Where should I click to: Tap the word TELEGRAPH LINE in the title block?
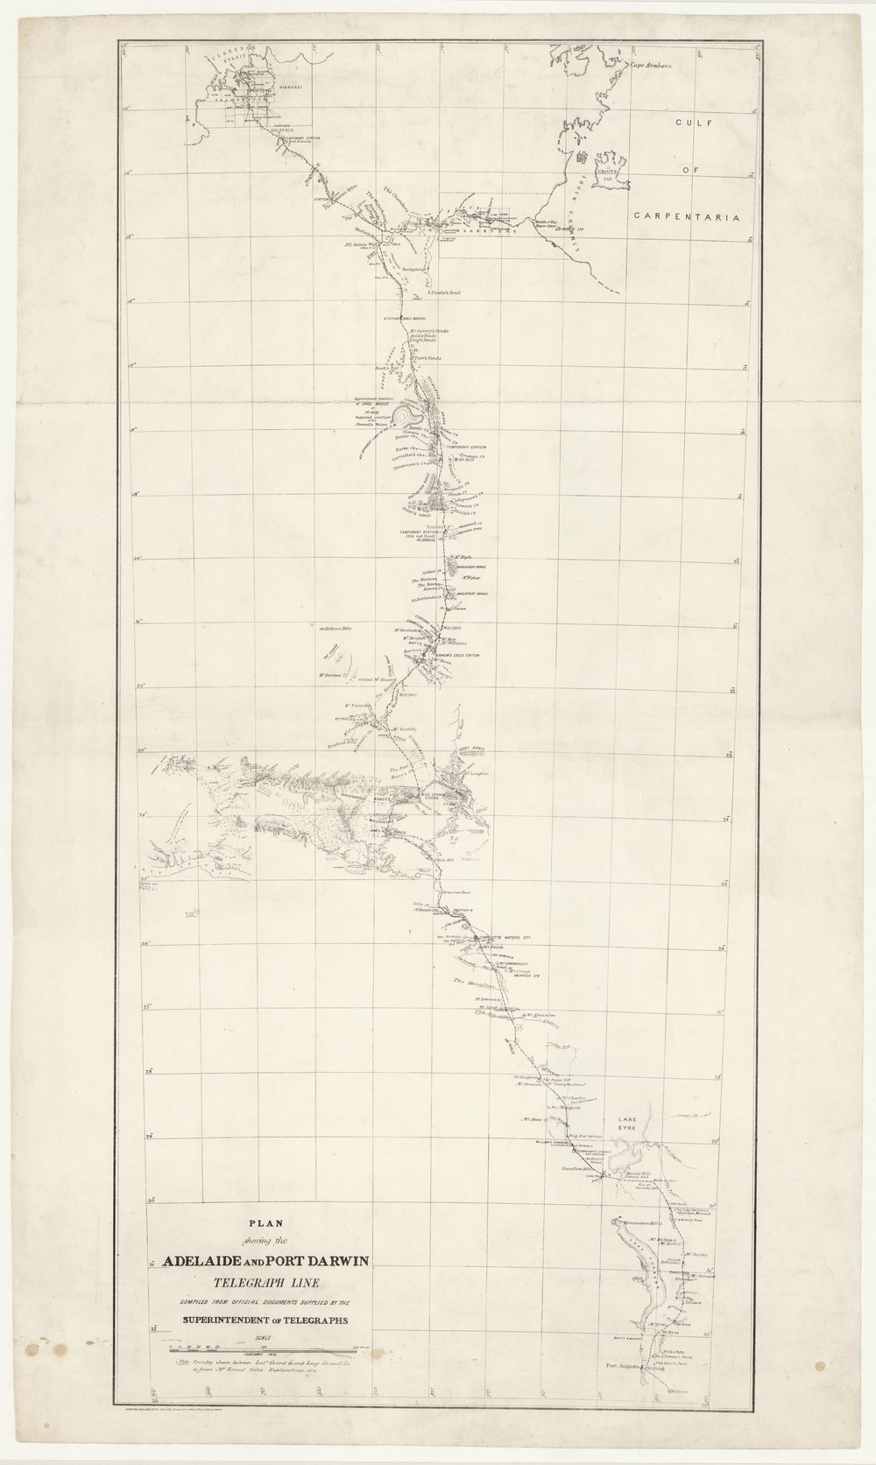(x=264, y=1280)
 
